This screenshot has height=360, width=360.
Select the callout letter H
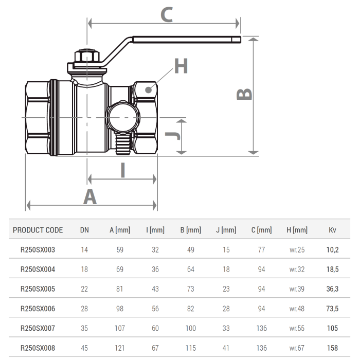(x=181, y=66)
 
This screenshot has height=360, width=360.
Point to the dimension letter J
(x=173, y=135)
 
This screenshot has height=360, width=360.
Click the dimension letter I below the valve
(x=122, y=170)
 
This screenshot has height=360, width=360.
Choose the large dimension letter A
(x=90, y=196)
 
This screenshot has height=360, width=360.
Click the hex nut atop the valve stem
(x=85, y=56)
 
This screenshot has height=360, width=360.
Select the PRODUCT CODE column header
(x=38, y=230)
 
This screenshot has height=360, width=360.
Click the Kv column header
(x=332, y=230)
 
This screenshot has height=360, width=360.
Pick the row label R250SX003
(x=38, y=250)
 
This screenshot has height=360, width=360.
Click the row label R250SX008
(x=38, y=348)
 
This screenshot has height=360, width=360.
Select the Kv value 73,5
(x=332, y=309)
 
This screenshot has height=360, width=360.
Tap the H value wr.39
(x=297, y=289)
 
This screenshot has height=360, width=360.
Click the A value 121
(x=120, y=348)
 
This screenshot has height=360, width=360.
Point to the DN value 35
(x=84, y=328)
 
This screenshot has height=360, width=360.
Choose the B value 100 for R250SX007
(x=190, y=328)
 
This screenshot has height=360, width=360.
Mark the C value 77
(x=261, y=250)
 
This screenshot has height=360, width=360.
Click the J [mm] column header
(x=226, y=230)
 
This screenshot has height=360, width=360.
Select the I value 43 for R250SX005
(x=155, y=289)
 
